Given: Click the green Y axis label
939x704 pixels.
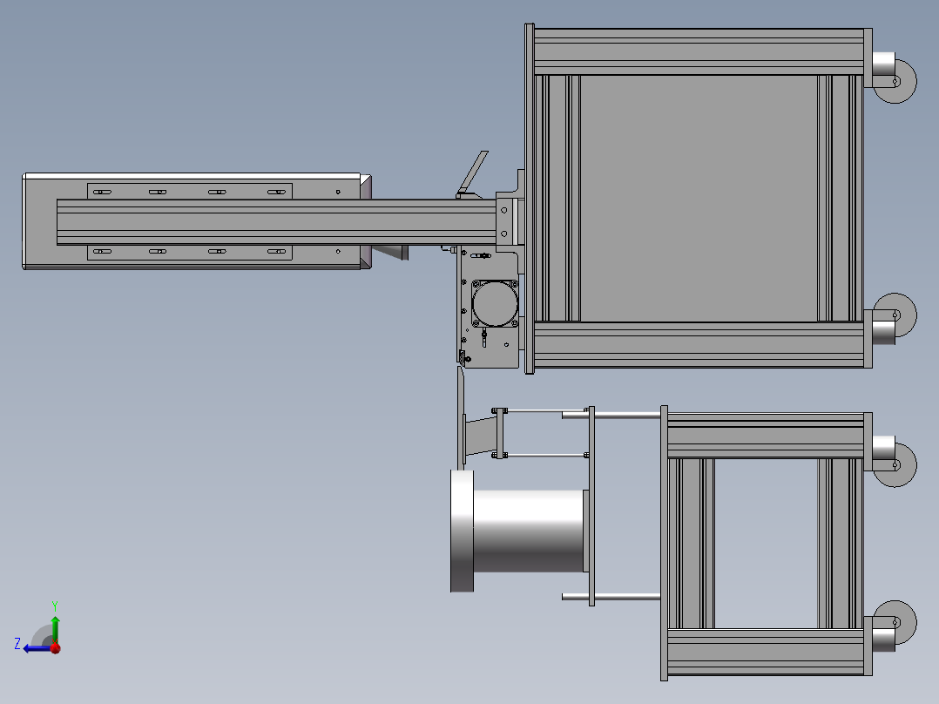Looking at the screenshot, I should tap(55, 605).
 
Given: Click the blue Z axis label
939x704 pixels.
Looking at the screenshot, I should tap(17, 644).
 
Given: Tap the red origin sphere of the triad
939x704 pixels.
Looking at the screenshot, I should tap(55, 647).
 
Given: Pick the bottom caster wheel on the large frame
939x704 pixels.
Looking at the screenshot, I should tap(898, 315).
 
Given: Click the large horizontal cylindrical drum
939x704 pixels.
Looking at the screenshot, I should tap(527, 531).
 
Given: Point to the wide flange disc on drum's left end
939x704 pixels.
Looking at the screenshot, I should tap(461, 531).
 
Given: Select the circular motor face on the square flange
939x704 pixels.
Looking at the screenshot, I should tap(494, 302).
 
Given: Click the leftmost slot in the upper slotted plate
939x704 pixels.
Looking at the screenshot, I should tap(102, 192).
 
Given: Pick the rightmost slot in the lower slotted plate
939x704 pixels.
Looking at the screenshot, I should tap(277, 252).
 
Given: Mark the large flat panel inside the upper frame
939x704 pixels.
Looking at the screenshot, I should tap(697, 198).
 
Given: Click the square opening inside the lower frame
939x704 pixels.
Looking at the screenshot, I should tap(766, 543).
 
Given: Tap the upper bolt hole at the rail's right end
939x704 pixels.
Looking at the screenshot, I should tap(503, 210).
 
